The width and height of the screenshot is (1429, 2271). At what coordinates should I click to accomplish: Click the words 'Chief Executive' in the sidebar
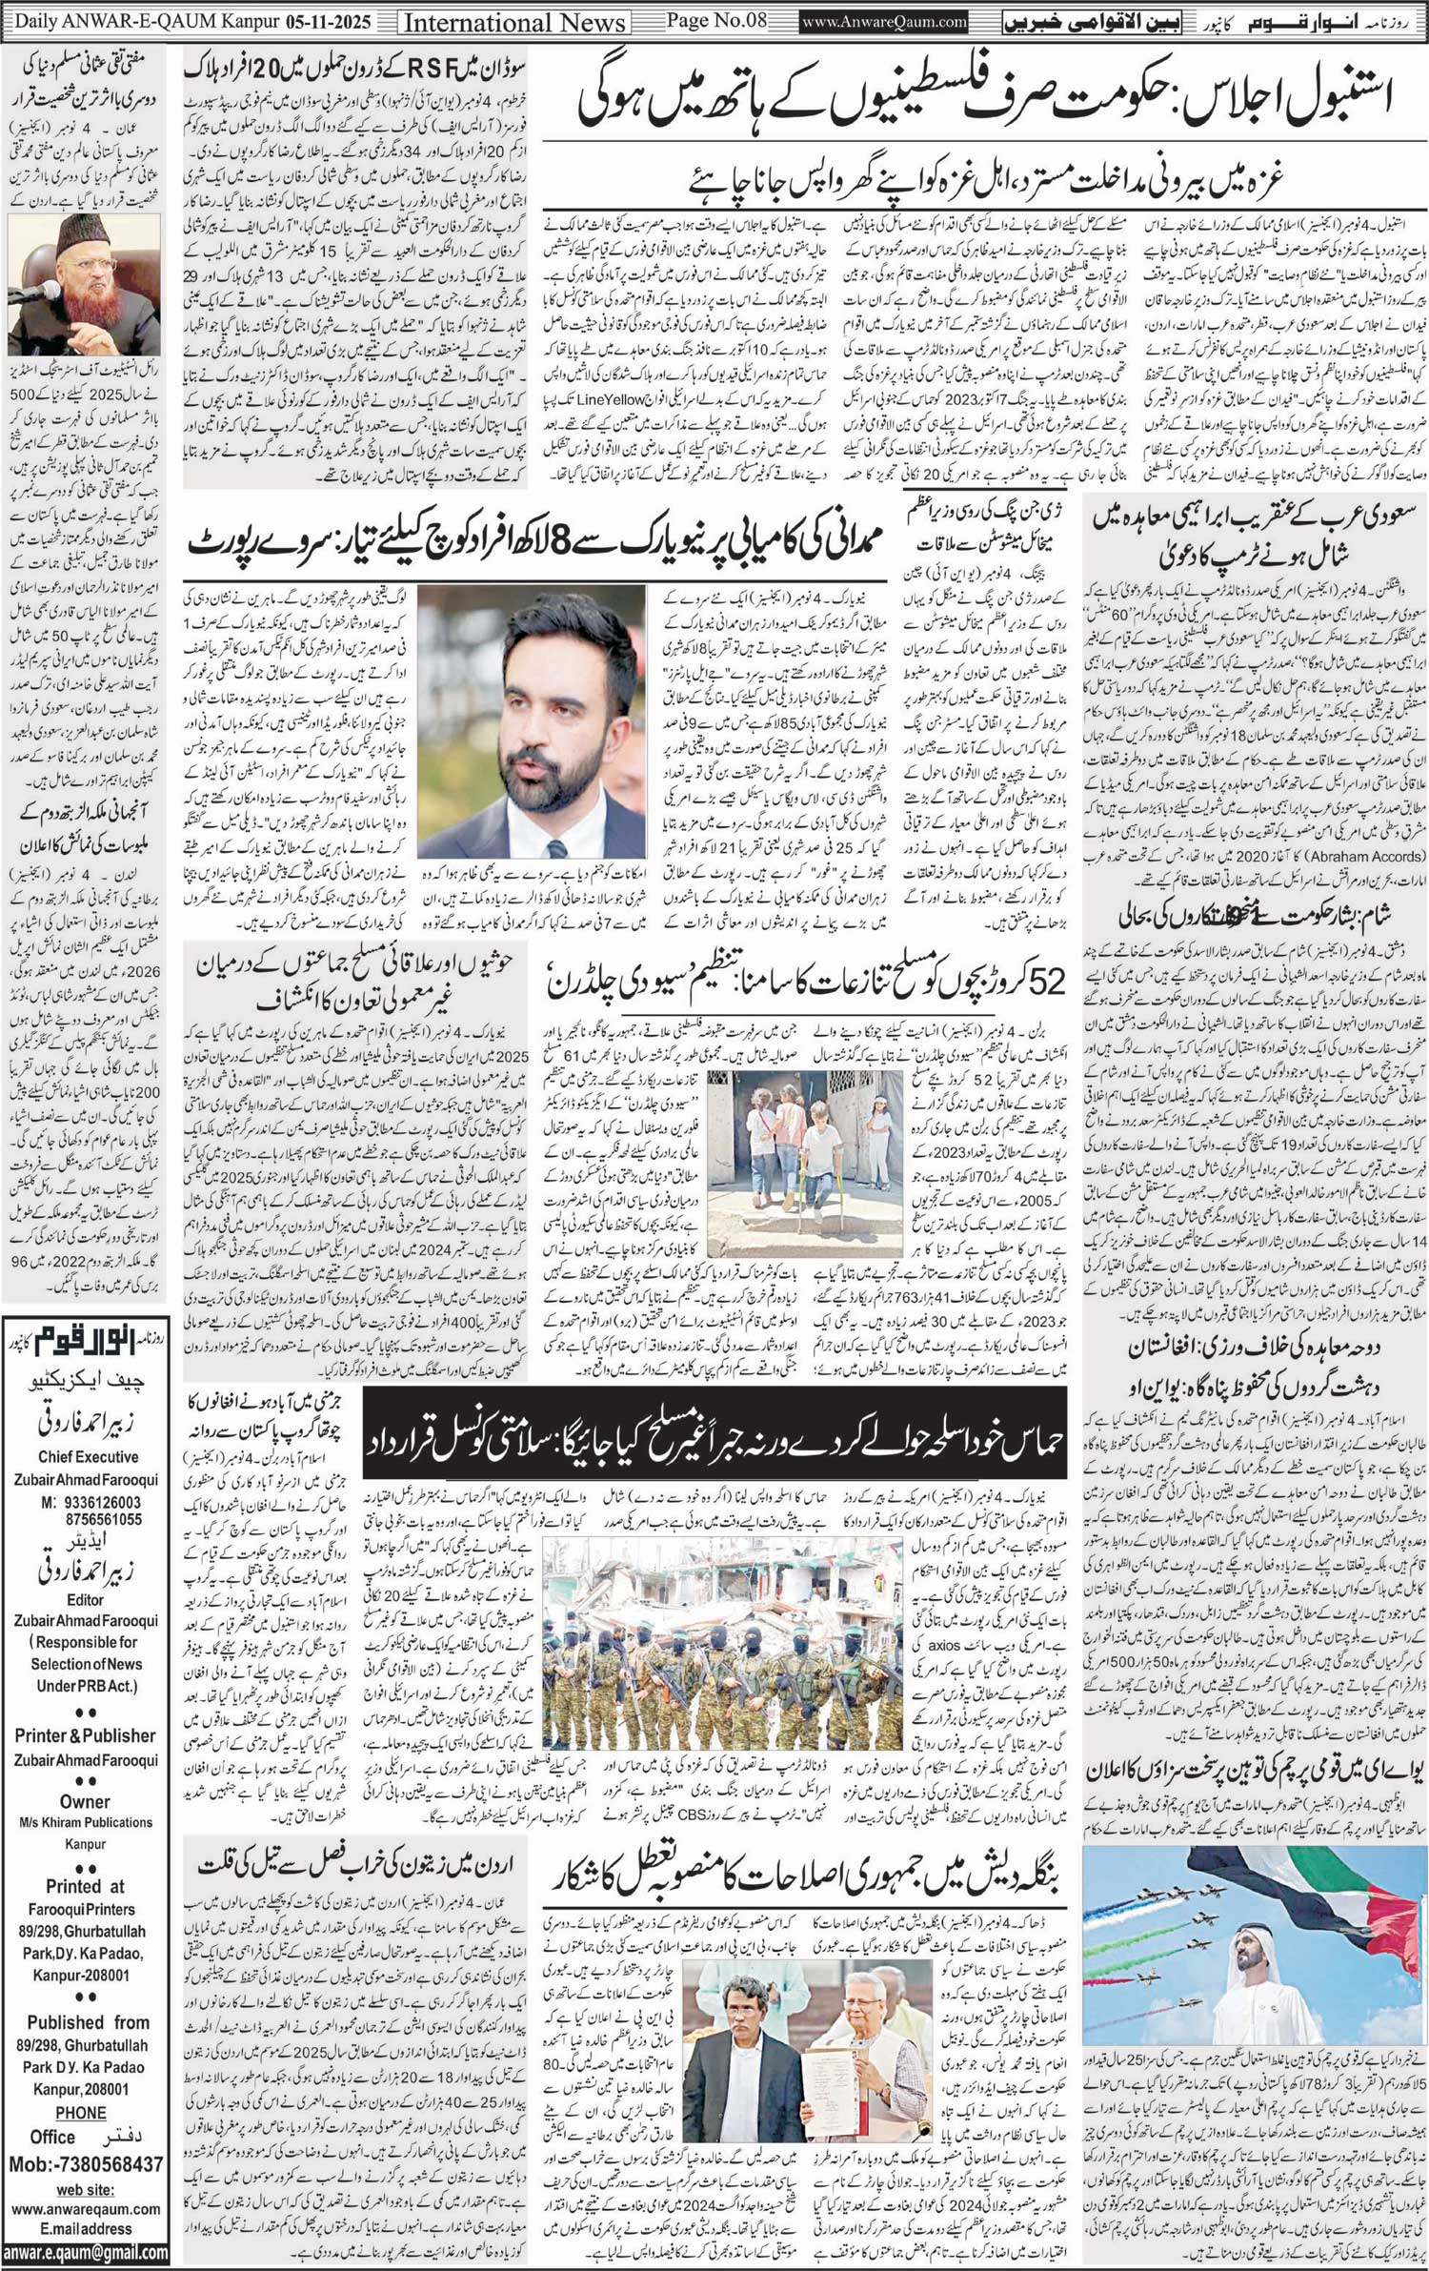coord(89,1457)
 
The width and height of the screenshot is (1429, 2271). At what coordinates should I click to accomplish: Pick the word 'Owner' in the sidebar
coord(85,1802)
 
